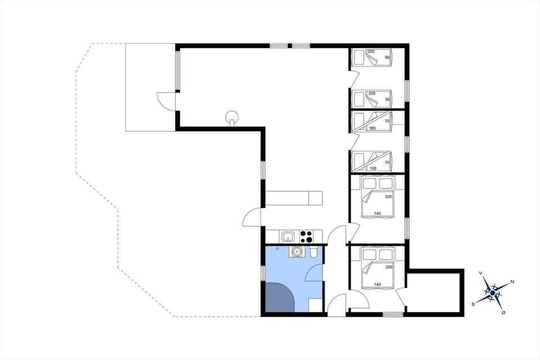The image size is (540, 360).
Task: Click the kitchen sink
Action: pyautogui.click(x=288, y=236)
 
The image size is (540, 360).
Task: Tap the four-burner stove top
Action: pyautogui.click(x=306, y=236)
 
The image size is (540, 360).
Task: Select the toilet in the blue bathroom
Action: pyautogui.click(x=314, y=253)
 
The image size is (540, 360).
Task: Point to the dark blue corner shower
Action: pyautogui.click(x=279, y=297)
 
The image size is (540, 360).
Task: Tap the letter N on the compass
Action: pyautogui.click(x=512, y=281)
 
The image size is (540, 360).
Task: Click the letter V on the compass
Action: pyautogui.click(x=481, y=273)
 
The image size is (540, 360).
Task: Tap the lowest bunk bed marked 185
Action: pyautogui.click(x=371, y=161)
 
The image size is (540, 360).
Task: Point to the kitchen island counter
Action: pyautogui.click(x=294, y=198)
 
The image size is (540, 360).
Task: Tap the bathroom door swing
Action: pyautogui.click(x=314, y=273)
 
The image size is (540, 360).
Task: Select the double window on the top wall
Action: pyautogui.click(x=290, y=45)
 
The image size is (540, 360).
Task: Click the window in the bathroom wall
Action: pyautogui.click(x=263, y=273)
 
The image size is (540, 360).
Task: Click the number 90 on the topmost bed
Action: pyautogui.click(x=387, y=57)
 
